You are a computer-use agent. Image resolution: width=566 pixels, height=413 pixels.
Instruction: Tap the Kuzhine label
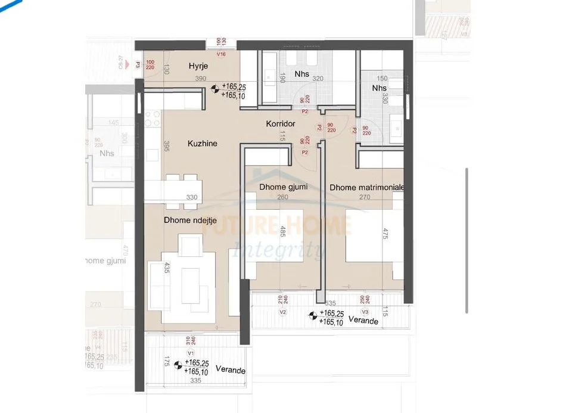click(x=202, y=144)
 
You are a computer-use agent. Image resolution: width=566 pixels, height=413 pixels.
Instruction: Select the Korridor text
click(x=281, y=123)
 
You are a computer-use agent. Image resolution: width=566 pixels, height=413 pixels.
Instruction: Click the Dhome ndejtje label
click(x=189, y=220)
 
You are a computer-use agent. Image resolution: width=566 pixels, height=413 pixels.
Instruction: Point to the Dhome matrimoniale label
click(x=367, y=187)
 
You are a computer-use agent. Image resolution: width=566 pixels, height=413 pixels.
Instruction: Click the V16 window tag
click(x=221, y=54)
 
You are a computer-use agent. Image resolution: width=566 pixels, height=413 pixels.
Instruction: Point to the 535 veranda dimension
click(x=331, y=303)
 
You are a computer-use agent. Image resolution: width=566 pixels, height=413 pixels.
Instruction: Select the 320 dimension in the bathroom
click(x=319, y=79)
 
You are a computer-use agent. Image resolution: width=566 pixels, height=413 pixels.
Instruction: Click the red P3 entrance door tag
click(x=138, y=66)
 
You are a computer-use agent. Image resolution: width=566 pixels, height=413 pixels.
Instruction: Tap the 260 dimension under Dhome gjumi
click(x=283, y=197)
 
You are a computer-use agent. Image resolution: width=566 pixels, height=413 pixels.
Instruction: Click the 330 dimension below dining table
click(x=192, y=197)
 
